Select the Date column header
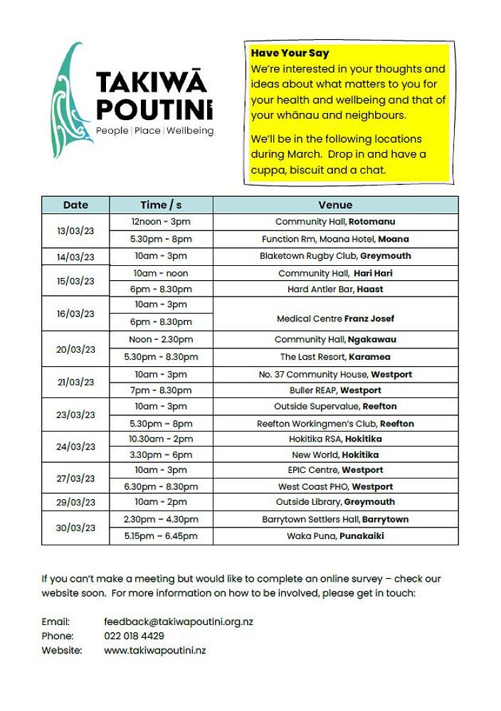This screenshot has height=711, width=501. pos(75,205)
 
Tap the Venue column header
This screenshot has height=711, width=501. pos(335,205)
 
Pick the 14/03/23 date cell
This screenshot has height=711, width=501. pos(75,257)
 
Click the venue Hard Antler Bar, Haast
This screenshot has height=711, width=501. pos(335,289)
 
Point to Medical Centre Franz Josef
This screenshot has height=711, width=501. pos(335,319)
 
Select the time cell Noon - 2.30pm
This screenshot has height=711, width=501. pos(161,340)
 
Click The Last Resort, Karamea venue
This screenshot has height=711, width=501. pos(335,357)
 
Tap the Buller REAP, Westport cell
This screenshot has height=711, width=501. pos(335,390)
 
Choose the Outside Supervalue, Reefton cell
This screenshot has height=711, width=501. pos(335,407)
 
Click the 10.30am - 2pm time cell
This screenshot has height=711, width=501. pos(161,439)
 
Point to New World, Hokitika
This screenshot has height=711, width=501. pos(335,455)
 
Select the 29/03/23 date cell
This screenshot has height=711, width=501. pos(75,503)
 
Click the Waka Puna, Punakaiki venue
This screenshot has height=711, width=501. pos(335,536)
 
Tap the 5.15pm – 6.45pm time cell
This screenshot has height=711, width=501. pos(161,536)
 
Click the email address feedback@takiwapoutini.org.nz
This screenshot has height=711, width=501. pos(179,621)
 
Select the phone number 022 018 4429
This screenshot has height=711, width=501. pos(134,636)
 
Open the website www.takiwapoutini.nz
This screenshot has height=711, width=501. pos(154,650)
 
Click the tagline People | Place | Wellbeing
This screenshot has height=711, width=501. pos(154,131)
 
